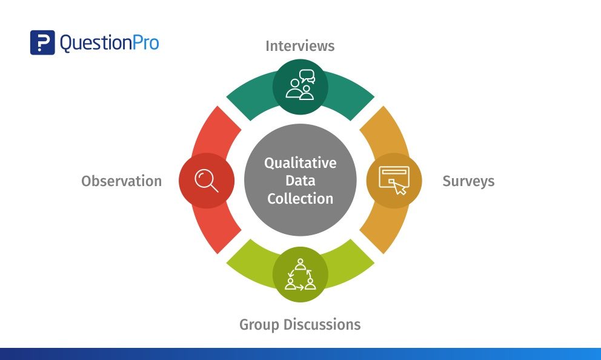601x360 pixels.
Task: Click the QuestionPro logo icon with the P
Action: coord(42,43)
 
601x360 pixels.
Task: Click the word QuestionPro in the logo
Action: coord(109,43)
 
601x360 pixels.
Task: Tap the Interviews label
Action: coord(300,46)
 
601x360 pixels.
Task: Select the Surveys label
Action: coord(468,181)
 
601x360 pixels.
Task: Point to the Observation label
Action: coord(122,181)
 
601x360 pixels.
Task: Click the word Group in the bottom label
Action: coord(262,324)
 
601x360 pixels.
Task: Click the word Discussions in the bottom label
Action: coord(324,324)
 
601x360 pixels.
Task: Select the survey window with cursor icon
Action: coord(394,180)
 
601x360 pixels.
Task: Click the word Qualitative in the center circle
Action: coord(300,163)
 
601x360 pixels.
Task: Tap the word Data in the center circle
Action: coord(300,181)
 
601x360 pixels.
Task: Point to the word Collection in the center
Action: coord(300,198)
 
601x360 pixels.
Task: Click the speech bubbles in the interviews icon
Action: coord(307,76)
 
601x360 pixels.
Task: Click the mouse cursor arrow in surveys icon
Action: coord(400,188)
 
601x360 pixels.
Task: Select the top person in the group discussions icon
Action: coord(300,264)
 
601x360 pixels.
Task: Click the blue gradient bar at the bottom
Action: coord(300,354)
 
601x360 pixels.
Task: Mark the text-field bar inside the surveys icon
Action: coord(394,174)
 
